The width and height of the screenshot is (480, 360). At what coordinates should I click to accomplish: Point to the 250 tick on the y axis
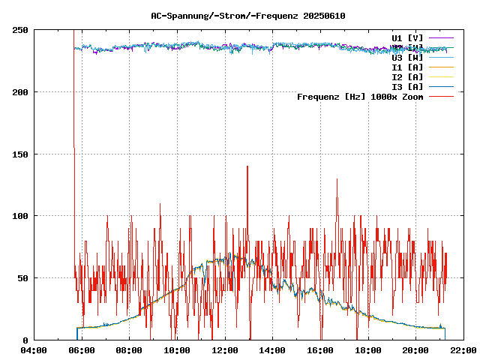tap(20, 30)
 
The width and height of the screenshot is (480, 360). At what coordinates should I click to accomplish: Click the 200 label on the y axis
tap(20, 92)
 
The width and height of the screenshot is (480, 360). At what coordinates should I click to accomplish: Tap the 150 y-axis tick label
tap(20, 154)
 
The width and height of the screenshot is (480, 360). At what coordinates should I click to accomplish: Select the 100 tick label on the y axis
tap(20, 216)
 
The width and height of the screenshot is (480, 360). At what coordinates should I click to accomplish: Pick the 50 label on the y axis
tap(22, 277)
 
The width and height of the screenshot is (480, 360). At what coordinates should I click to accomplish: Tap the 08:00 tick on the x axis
tap(129, 350)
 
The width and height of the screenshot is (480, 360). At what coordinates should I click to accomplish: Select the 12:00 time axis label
tap(224, 350)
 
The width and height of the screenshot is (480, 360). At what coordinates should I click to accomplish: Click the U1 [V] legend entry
tap(407, 37)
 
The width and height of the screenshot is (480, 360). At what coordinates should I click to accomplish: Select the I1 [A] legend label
tap(407, 67)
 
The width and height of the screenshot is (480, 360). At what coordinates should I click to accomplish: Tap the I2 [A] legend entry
tap(407, 76)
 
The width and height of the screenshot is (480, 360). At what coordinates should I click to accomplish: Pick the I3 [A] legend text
tap(407, 86)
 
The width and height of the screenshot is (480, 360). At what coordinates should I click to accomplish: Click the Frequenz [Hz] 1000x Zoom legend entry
tap(360, 96)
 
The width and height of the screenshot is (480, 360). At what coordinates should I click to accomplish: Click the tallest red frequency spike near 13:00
tap(247, 166)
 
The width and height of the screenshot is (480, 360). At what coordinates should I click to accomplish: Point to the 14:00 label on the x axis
tap(272, 350)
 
